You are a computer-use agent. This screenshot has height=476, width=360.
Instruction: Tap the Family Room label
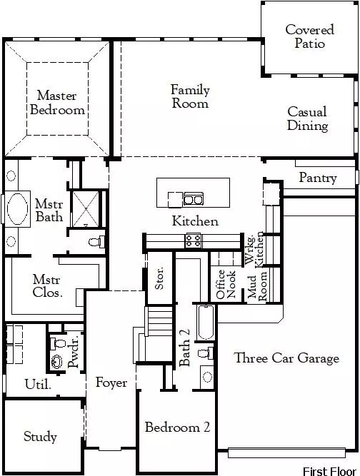190,96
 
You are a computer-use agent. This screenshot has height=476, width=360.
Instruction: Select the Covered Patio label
309,36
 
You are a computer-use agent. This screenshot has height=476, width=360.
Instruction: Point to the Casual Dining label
308,118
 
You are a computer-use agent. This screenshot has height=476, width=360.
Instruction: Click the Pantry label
318,177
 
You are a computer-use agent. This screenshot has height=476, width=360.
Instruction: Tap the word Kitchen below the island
195,221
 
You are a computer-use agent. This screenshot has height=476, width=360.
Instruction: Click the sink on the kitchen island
193,198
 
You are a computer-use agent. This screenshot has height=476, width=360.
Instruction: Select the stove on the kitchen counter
193,240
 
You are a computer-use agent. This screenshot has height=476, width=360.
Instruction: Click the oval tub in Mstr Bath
16,212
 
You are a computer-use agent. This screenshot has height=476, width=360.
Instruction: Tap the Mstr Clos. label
48,285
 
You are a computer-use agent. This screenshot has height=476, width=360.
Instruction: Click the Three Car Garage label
286,358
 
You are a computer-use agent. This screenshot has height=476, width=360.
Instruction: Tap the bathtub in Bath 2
204,323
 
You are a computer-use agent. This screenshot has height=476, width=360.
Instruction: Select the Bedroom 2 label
177,427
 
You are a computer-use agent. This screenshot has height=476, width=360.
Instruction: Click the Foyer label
111,383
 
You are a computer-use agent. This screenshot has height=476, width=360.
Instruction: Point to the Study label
40,437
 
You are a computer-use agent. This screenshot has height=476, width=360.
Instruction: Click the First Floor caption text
327,470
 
